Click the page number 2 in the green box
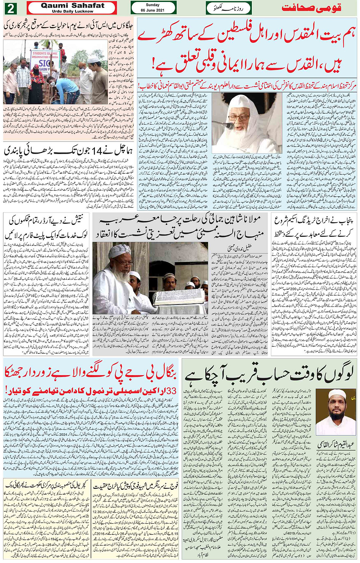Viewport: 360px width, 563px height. click(10, 8)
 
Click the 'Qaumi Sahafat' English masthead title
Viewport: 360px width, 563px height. click(72, 5)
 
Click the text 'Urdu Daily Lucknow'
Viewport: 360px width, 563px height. click(72, 11)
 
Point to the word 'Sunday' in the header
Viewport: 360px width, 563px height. click(153, 5)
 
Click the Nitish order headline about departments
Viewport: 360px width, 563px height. click(46, 227)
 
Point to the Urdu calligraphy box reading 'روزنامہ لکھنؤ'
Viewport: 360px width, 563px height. click(229, 8)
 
